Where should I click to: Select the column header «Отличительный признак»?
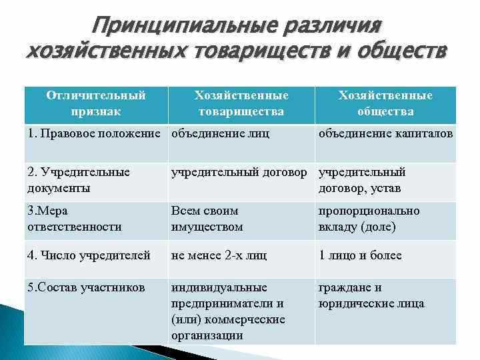pos(96,103)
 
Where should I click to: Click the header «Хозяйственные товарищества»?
pos(241,103)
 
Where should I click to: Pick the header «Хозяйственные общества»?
pos(385,103)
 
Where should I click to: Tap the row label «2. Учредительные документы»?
pos(79,180)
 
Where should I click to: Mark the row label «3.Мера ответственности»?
pos(75,218)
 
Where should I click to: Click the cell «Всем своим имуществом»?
pos(207,218)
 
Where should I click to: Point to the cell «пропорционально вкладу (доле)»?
pos(369,218)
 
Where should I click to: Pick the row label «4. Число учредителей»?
pos(89,255)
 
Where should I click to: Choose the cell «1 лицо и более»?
pos(360,255)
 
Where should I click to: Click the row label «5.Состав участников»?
pos(85,288)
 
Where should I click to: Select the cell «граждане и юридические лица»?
pos(371,295)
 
